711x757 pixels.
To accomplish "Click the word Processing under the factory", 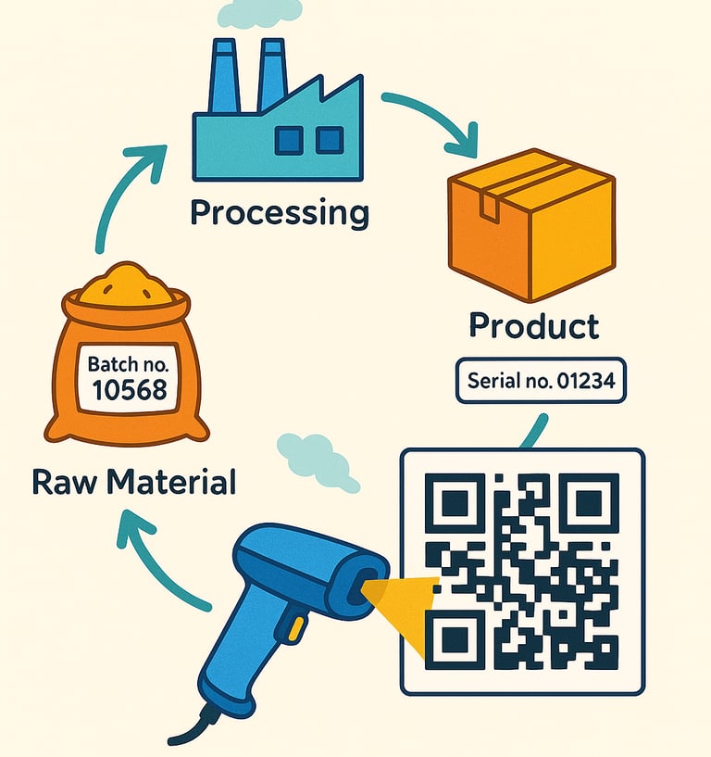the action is (279, 213).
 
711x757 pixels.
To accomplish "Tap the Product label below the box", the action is (533, 325).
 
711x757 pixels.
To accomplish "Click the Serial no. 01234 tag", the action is (541, 381).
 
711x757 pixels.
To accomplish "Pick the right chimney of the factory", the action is (271, 73).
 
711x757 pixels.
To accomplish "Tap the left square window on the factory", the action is (289, 141).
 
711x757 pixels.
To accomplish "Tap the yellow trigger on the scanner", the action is (295, 629).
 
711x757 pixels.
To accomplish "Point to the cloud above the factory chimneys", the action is (258, 12).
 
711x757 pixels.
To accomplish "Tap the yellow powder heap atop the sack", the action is (127, 283).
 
